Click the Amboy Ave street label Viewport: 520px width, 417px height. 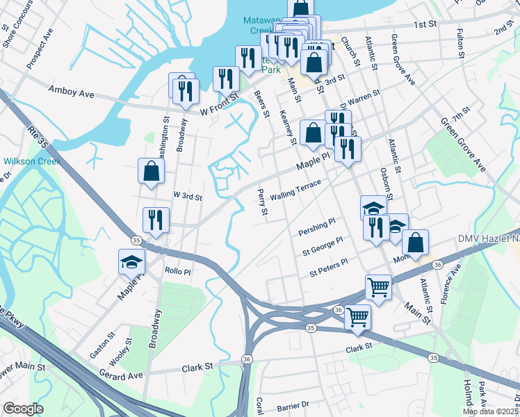coord(70,90)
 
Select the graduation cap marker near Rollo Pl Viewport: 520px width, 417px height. coord(131,262)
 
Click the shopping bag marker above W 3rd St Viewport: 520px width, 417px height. coord(151,171)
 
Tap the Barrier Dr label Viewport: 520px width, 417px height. coord(292,404)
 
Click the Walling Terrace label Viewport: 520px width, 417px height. coord(295,190)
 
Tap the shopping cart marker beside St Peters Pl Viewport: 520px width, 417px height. coord(378,286)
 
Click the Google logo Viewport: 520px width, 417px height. coord(23,409)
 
